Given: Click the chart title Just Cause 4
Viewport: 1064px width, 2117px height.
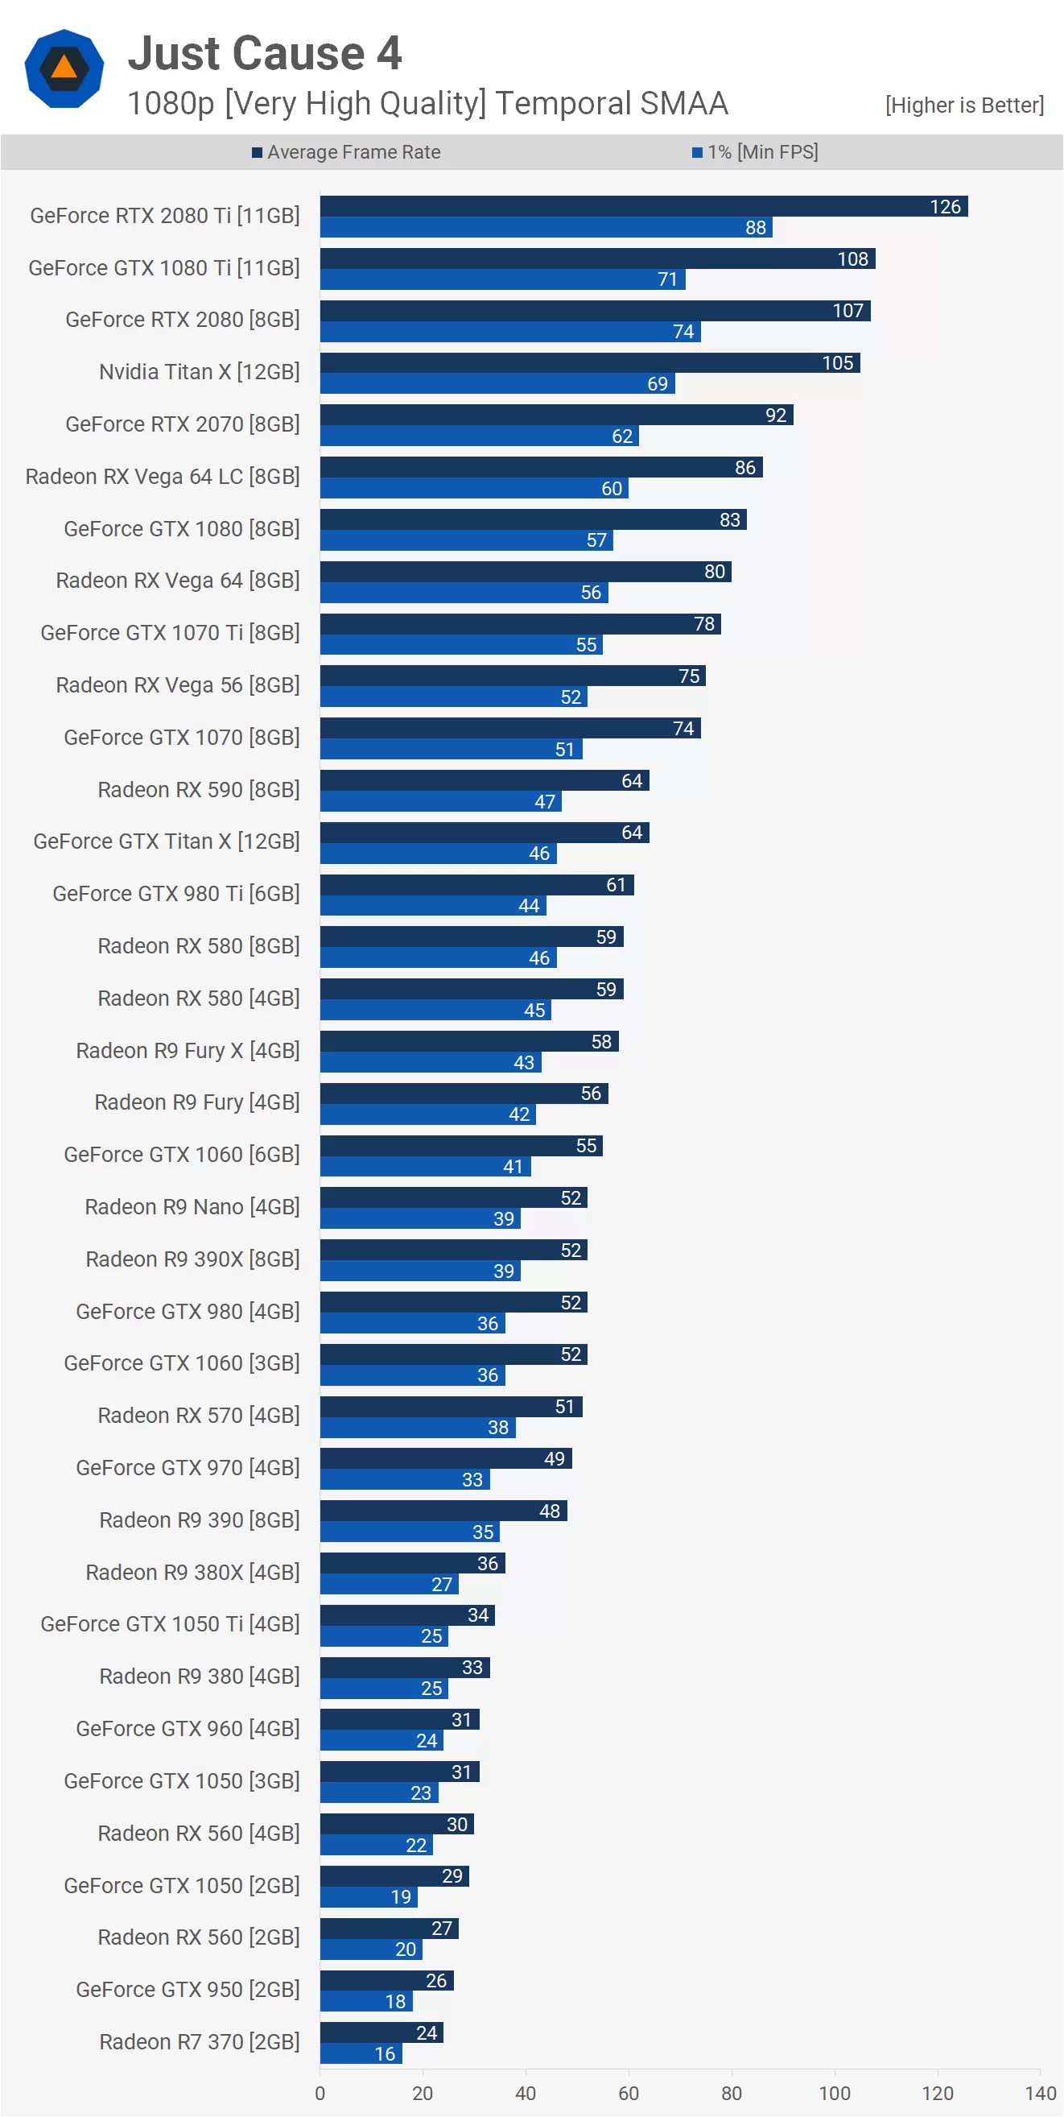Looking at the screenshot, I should [265, 54].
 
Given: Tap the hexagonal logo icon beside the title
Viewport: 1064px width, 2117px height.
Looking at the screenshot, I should [64, 68].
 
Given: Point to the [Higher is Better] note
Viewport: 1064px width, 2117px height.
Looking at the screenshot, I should [963, 105].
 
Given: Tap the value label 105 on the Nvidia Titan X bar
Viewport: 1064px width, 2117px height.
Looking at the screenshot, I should [837, 363].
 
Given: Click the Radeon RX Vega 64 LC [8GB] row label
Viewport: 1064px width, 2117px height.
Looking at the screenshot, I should [163, 477].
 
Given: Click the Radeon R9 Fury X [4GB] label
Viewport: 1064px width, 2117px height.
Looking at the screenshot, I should [188, 1050].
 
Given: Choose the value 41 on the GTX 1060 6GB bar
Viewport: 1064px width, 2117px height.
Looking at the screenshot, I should [513, 1167].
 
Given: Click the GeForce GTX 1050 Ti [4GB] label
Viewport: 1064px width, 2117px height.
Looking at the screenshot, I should [170, 1624].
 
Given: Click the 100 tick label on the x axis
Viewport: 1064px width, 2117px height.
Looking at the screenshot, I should [834, 2093].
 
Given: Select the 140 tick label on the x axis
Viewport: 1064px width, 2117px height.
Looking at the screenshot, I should [1040, 2093].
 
